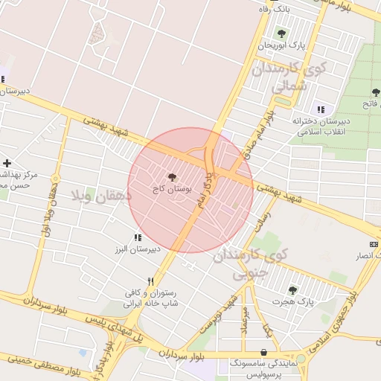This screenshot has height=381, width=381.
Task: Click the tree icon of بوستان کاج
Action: click(173, 177)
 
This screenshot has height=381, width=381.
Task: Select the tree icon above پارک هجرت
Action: click(291, 290)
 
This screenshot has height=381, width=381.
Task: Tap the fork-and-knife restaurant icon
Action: click(151, 281)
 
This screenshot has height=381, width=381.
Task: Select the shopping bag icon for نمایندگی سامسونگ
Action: click(264, 353)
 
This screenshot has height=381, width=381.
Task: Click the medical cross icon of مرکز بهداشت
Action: click(7, 162)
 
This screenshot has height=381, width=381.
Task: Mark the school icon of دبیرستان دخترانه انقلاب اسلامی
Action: click(321, 109)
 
